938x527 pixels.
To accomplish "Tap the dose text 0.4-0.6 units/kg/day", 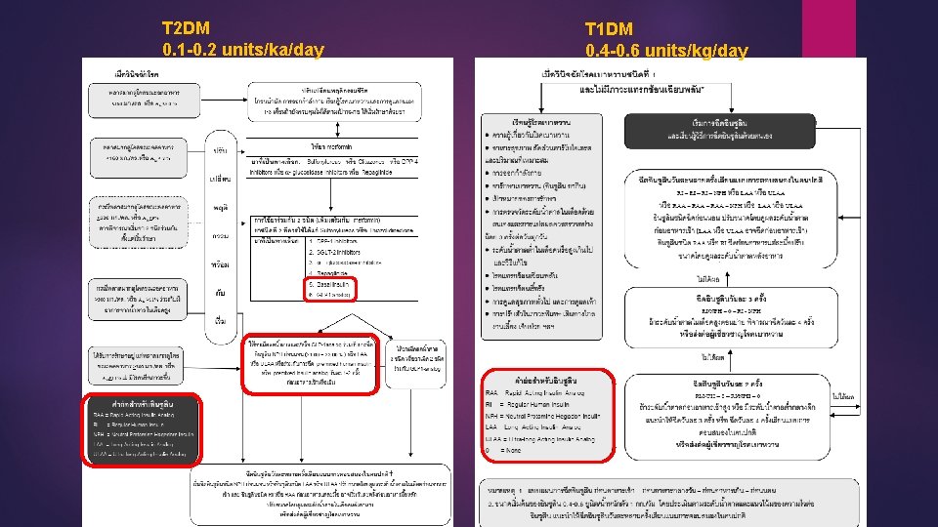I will tap(666, 50).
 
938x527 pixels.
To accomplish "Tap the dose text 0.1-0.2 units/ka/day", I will tap(242, 49).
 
